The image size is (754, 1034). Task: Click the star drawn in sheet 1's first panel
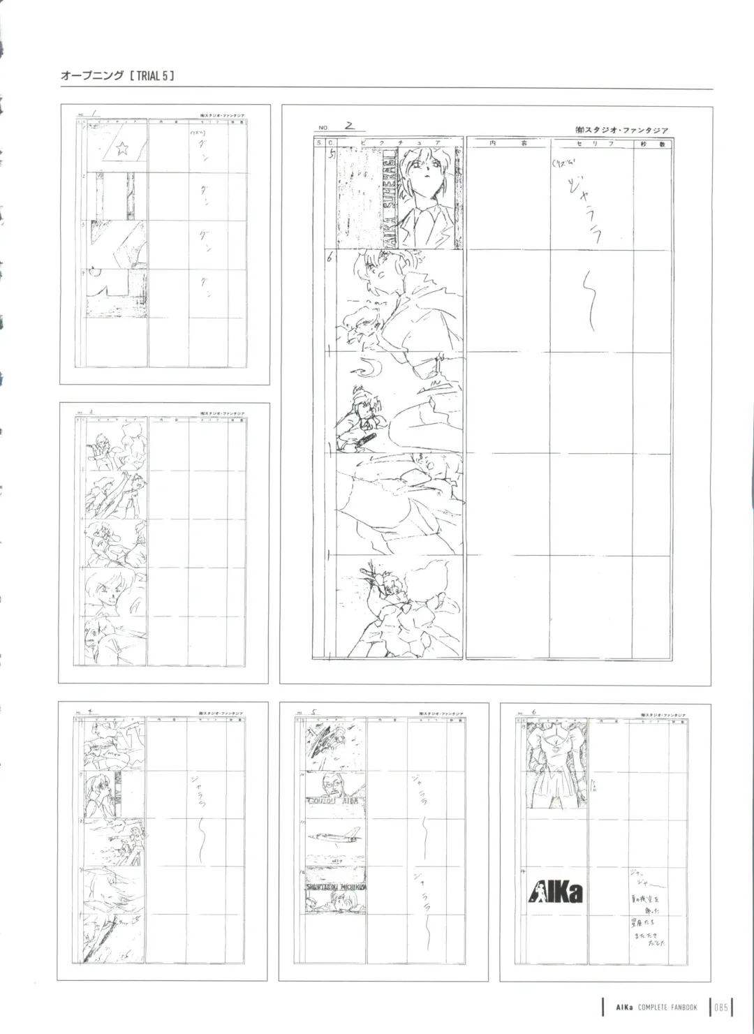coord(122,147)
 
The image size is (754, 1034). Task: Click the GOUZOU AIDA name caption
coord(333,801)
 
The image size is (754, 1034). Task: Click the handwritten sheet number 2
coord(350,126)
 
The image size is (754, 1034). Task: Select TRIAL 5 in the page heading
coord(151,75)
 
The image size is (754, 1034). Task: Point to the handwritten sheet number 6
coord(534,713)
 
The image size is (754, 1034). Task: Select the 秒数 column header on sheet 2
coord(652,142)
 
